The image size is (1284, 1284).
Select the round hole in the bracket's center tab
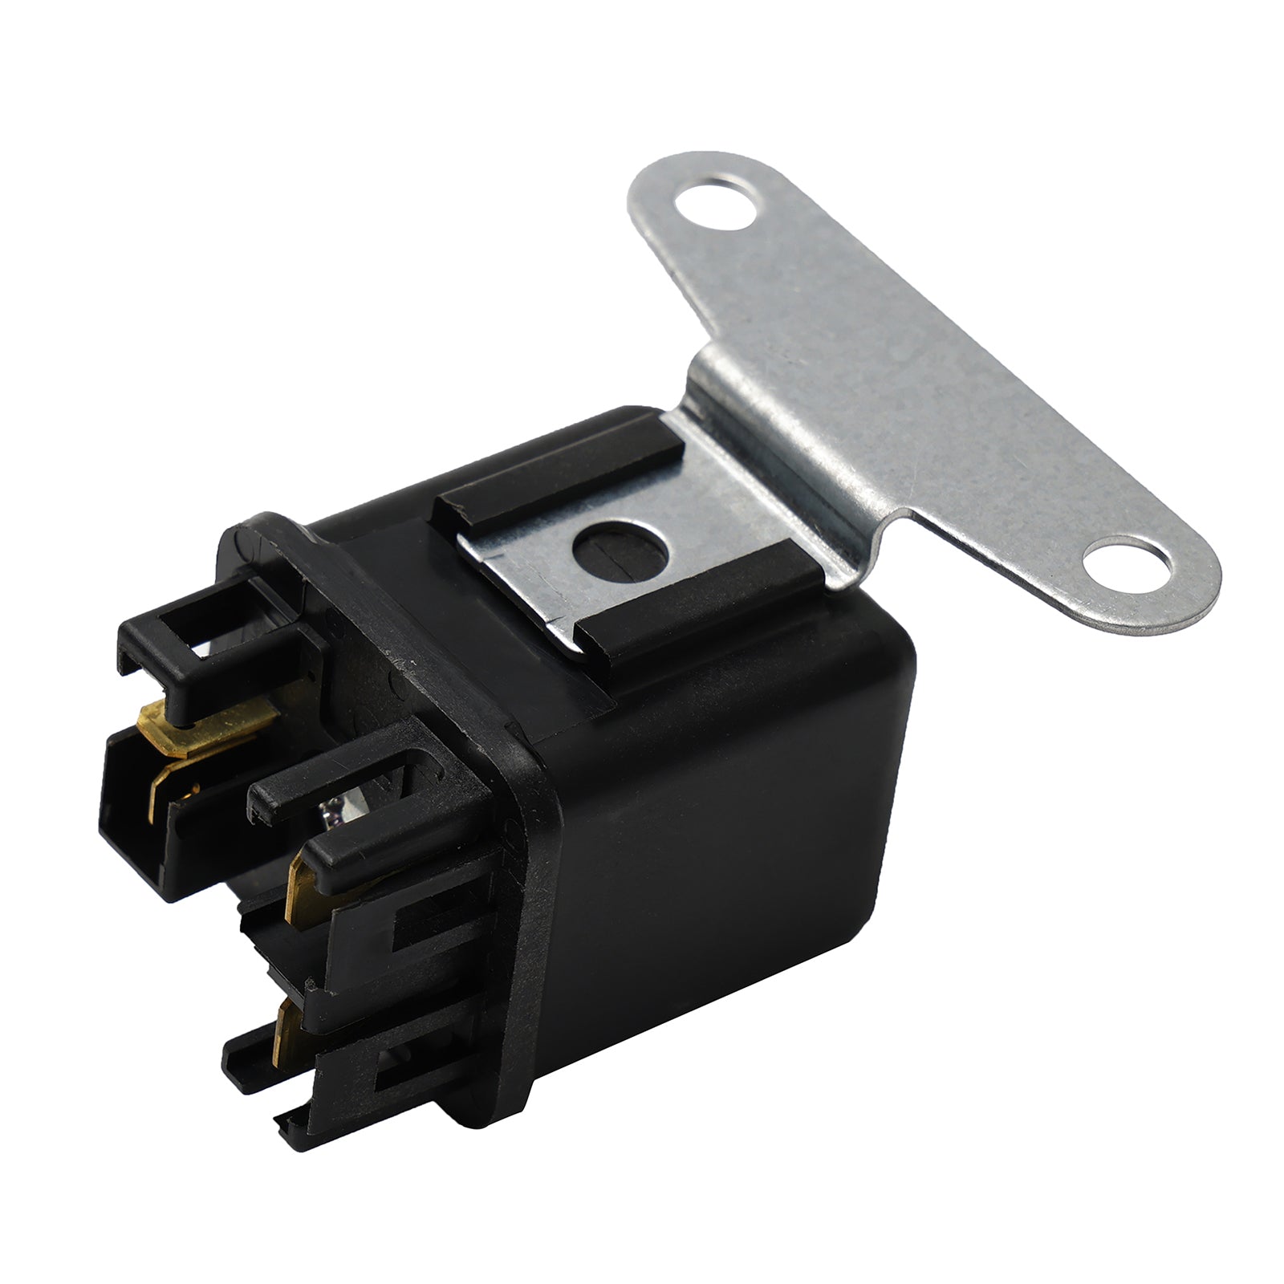point(621,551)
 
